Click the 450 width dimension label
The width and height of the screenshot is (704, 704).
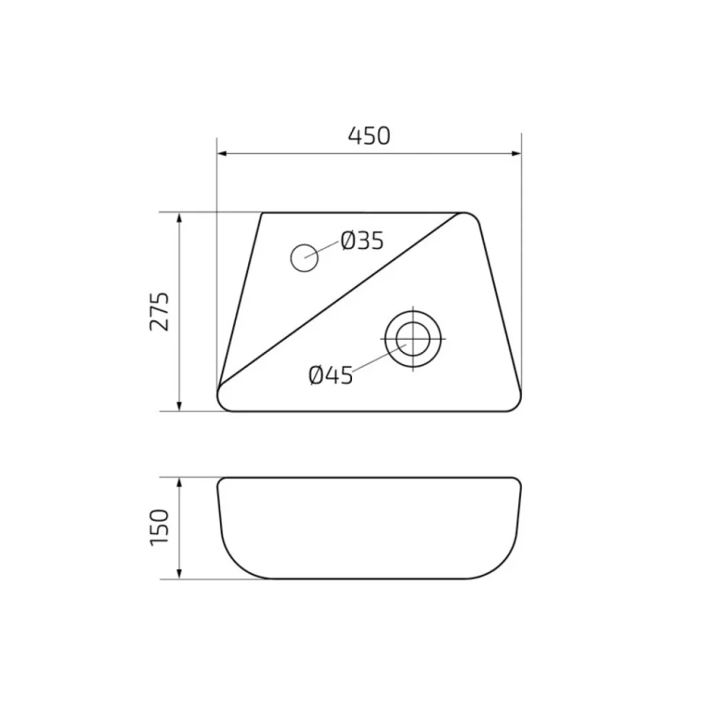[x=369, y=136]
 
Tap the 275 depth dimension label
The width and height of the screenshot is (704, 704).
[x=160, y=311]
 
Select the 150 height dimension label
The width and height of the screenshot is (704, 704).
[x=160, y=528]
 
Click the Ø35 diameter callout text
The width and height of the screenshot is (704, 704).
[x=362, y=241]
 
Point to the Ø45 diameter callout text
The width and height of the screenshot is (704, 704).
[x=331, y=375]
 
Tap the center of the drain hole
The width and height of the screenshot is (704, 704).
[x=413, y=339]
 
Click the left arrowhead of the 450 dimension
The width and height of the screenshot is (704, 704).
[x=221, y=154]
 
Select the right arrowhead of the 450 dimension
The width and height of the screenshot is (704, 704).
[x=517, y=154]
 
